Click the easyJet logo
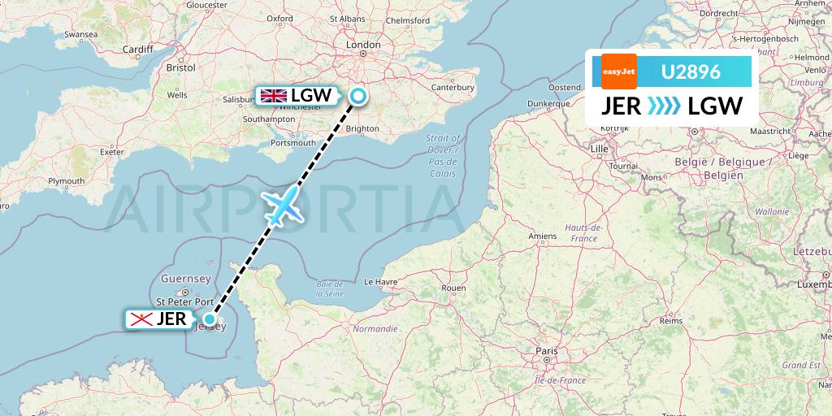(x=618, y=71)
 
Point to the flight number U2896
(x=691, y=72)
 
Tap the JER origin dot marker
(x=210, y=319)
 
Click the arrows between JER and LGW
(x=666, y=106)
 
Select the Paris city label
(x=546, y=351)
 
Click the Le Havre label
(x=379, y=282)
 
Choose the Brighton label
(x=362, y=128)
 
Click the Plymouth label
(x=66, y=180)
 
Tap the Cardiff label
(x=138, y=49)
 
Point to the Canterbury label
(x=452, y=87)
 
